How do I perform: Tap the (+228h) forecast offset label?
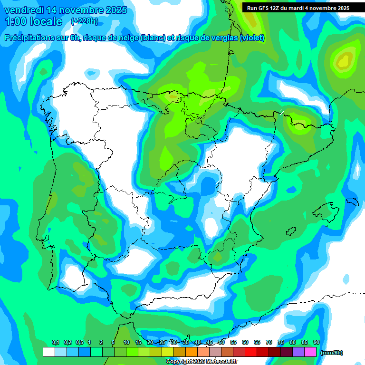pyautogui.click(x=84, y=21)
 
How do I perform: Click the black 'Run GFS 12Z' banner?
pyautogui.click(x=298, y=8)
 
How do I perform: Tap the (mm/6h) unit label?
pyautogui.click(x=331, y=353)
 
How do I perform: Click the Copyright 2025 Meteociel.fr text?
pyautogui.click(x=202, y=362)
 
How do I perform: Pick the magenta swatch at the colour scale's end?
pyautogui.click(x=310, y=352)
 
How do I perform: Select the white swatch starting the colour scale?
pyautogui.click(x=48, y=352)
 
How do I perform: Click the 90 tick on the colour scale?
pyautogui.click(x=317, y=342)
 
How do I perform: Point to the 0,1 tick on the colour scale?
pyautogui.click(x=55, y=342)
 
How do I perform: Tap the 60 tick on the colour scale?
pyautogui.click(x=245, y=342)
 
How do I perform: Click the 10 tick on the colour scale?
pyautogui.click(x=126, y=342)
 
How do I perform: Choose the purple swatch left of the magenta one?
pyautogui.click(x=298, y=352)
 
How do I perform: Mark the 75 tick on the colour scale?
pyautogui.click(x=281, y=342)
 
